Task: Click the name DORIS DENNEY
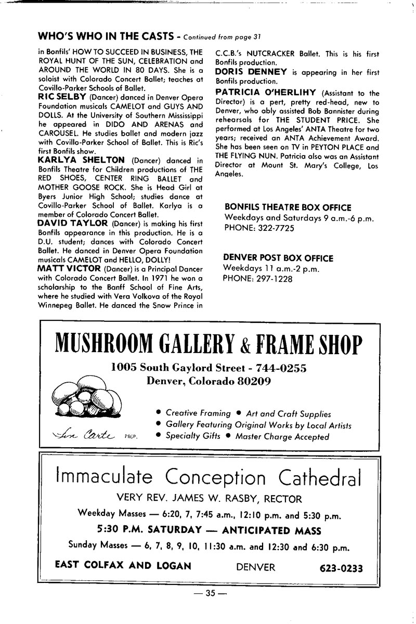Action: click(x=248, y=71)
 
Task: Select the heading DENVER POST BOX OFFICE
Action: click(x=278, y=258)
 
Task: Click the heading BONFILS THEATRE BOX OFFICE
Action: click(x=288, y=207)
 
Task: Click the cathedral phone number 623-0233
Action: click(x=341, y=567)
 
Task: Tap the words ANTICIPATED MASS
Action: click(x=271, y=531)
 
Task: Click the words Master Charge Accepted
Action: click(x=282, y=437)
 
